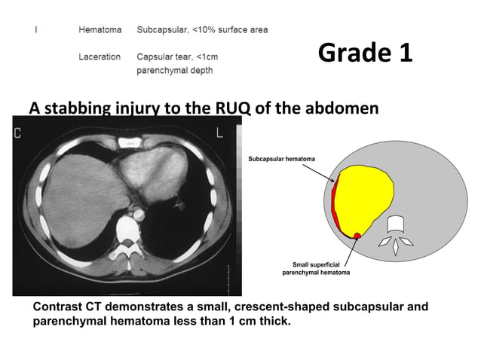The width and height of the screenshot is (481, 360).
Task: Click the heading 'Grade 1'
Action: pos(365,53)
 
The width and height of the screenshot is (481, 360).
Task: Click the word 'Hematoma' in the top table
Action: pos(100,30)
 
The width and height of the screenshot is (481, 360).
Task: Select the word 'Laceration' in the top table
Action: pos(100,56)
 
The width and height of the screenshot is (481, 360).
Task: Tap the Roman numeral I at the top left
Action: pos(35,30)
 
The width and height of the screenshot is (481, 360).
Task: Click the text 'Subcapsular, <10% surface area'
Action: pos(202,30)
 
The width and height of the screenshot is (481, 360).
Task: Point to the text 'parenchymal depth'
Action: pos(174,71)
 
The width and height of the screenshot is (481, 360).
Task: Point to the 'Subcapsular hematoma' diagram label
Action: pos(281,160)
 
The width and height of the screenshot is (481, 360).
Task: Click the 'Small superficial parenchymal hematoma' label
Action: pos(316,268)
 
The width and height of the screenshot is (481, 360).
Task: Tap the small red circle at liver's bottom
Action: pos(357,236)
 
